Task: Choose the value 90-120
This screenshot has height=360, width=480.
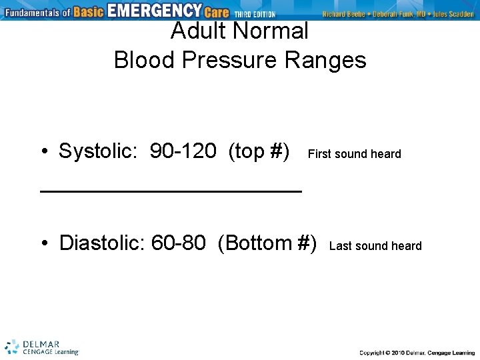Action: pyautogui.click(x=183, y=151)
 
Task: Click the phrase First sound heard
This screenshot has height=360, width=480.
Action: pyautogui.click(x=354, y=154)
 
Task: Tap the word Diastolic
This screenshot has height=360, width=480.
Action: pyautogui.click(x=101, y=243)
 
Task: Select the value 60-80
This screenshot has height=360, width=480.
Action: pyautogui.click(x=178, y=243)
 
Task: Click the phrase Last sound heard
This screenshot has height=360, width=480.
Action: pyautogui.click(x=375, y=246)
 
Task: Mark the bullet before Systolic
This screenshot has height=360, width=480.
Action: pyautogui.click(x=43, y=152)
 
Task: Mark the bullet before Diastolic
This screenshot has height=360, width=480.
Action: pyautogui.click(x=43, y=243)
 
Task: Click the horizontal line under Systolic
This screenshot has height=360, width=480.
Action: pyautogui.click(x=171, y=191)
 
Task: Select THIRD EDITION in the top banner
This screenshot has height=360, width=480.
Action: pyautogui.click(x=254, y=14)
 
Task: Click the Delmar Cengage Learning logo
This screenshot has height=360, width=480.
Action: pyautogui.click(x=41, y=347)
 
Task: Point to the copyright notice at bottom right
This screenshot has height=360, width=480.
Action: pyautogui.click(x=417, y=352)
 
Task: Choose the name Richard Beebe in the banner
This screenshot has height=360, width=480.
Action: pyautogui.click(x=343, y=14)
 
